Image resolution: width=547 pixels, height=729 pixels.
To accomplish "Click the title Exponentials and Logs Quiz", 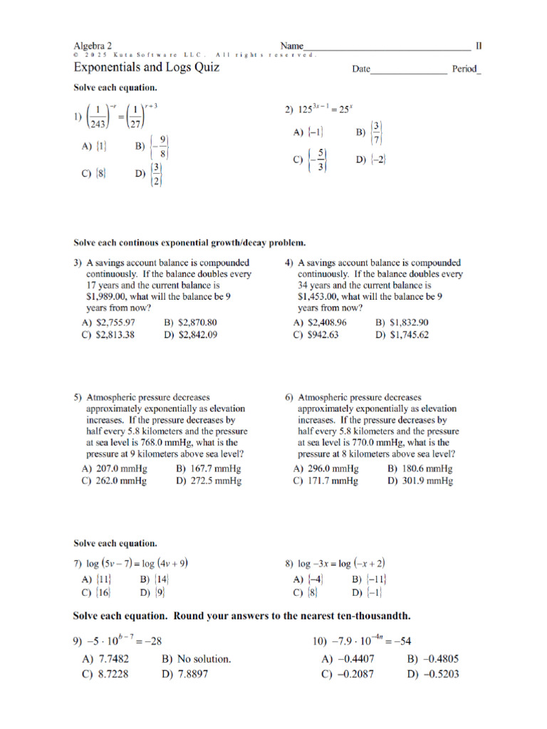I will [x=146, y=68].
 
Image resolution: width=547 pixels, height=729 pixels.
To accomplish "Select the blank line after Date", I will [x=408, y=70].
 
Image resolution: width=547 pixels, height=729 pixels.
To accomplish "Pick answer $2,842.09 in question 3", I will [x=197, y=335].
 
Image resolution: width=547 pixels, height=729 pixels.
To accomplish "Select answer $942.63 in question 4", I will [x=322, y=335].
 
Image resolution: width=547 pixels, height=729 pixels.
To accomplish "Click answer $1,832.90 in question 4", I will [x=408, y=322].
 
